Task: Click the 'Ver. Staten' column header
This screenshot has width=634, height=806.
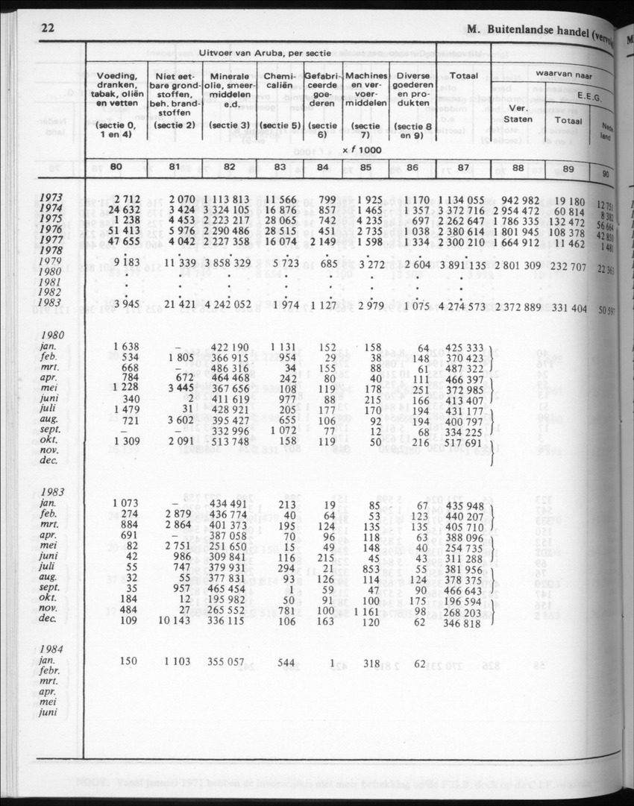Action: click(x=518, y=113)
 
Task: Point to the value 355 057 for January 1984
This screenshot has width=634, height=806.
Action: click(x=225, y=662)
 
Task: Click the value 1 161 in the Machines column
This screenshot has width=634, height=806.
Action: click(x=365, y=611)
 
